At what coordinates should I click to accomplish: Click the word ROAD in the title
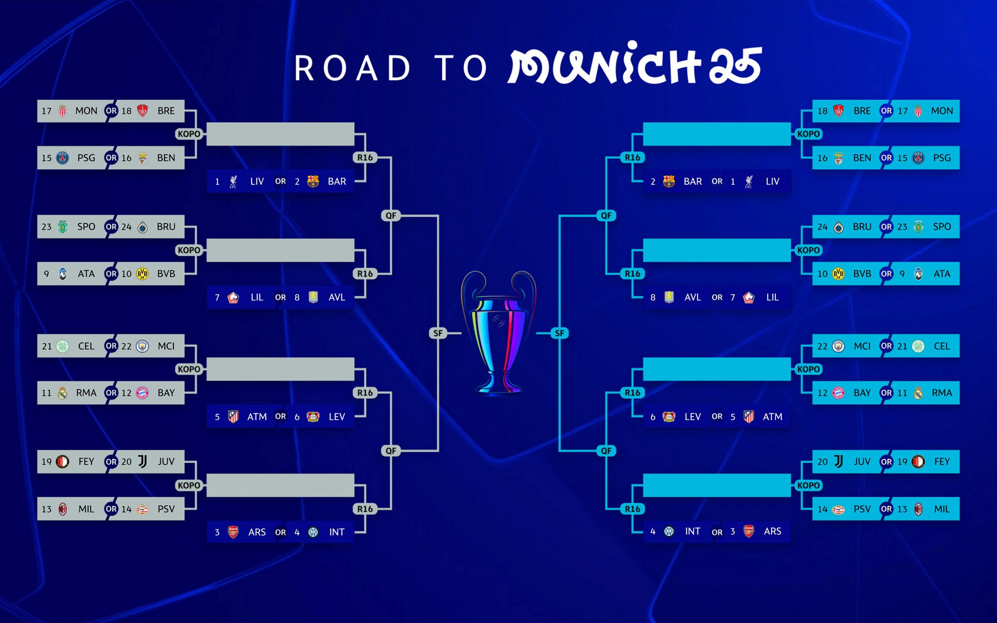pos(352,68)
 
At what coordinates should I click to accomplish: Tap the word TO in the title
pos(461,68)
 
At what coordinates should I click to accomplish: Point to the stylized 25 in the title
pos(735,66)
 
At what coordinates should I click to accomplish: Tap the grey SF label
pos(438,333)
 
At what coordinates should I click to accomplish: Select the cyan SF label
pos(559,333)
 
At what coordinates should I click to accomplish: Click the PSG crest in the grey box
pos(63,158)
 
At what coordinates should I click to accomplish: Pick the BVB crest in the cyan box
pos(838,274)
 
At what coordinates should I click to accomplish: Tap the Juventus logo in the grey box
pos(142,461)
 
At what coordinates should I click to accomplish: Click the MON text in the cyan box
pos(942,111)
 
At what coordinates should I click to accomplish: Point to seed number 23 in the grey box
pos(46,227)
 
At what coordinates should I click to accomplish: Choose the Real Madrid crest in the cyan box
pos(918,393)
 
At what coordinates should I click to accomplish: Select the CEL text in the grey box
pos(86,346)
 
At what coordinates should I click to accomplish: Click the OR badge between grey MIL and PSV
pos(111,509)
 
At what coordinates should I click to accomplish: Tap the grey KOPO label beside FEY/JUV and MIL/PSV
pos(189,485)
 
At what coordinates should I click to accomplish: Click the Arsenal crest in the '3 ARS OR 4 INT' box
pos(233,532)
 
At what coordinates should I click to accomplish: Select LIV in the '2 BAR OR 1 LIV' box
pos(772,182)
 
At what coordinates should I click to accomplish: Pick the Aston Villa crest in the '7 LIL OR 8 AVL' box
pos(313,297)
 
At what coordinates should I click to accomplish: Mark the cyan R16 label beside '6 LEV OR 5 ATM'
pos(632,393)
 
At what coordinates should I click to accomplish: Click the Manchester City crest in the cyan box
pos(838,346)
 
